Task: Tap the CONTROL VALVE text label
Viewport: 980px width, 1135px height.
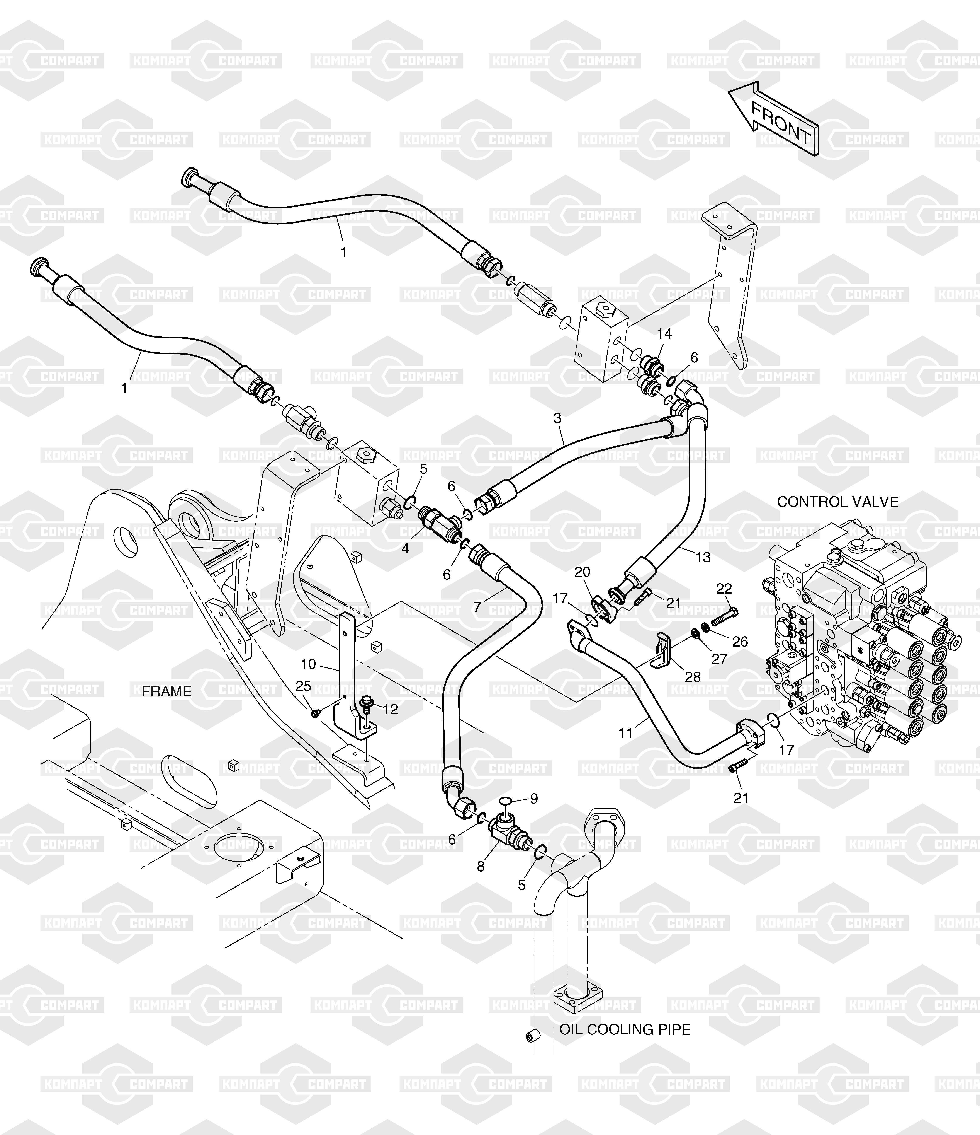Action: pyautogui.click(x=838, y=502)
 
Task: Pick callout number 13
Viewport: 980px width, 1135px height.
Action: pyautogui.click(x=703, y=557)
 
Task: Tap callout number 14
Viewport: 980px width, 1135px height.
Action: pyautogui.click(x=664, y=334)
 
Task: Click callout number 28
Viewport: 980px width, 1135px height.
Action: pyautogui.click(x=693, y=677)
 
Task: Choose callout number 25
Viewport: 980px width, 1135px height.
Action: pyautogui.click(x=303, y=686)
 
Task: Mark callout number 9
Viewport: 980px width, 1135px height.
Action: pyautogui.click(x=534, y=799)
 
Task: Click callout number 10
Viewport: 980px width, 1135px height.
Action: pyautogui.click(x=308, y=664)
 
